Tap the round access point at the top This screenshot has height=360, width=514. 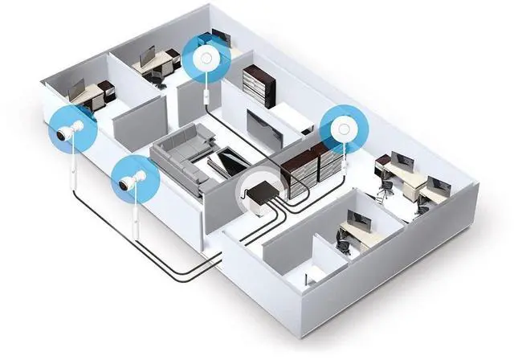pos(206,58)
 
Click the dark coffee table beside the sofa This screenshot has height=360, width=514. pos(226,159)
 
